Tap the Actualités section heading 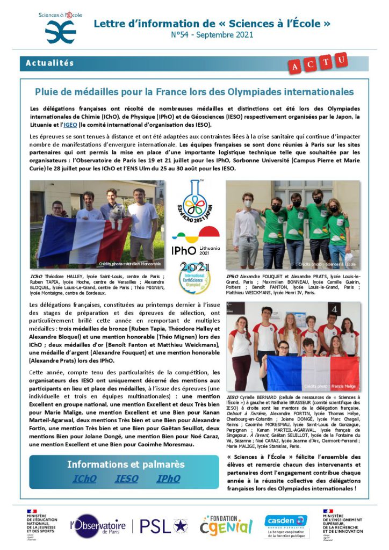click(x=50, y=63)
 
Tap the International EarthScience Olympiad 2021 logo click(x=195, y=274)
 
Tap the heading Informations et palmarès click(x=125, y=464)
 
